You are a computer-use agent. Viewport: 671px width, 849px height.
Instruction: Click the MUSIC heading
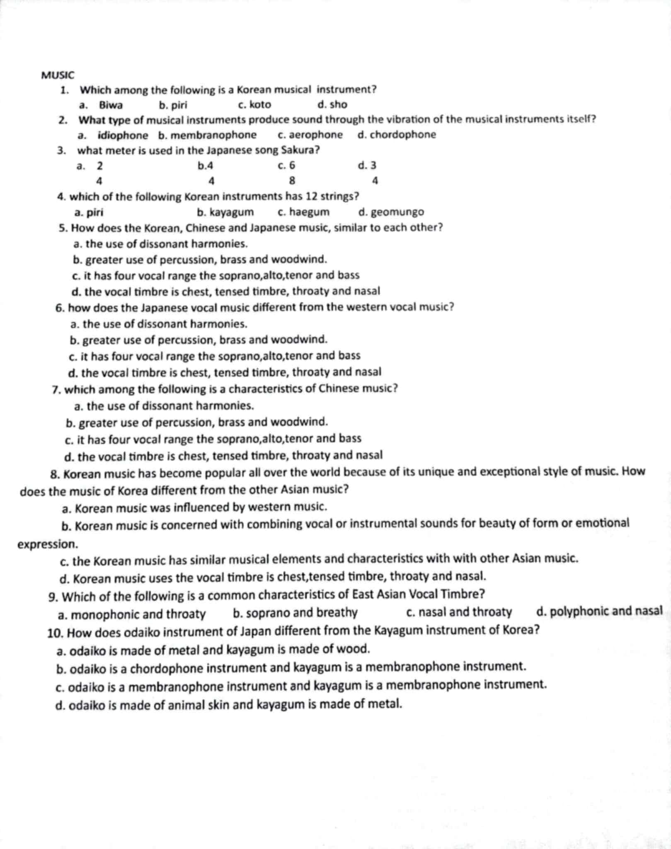pos(58,75)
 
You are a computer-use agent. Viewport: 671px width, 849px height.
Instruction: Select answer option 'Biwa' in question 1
pos(111,105)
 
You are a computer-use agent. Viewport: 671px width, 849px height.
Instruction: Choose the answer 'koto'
pos(260,105)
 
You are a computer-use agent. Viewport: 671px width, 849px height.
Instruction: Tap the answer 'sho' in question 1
pos(338,104)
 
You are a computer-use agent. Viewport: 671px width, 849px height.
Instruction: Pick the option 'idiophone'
pos(123,136)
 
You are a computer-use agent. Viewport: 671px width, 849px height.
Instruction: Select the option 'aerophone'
pos(316,135)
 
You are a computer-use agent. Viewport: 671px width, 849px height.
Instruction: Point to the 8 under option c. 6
pos(292,181)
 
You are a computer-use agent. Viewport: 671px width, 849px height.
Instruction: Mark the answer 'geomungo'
pos(397,212)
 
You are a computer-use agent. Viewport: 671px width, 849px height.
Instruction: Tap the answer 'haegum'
pos(309,212)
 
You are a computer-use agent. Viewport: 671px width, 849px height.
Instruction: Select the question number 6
pos(60,308)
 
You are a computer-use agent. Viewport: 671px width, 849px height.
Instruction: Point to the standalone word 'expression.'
pos(48,544)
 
